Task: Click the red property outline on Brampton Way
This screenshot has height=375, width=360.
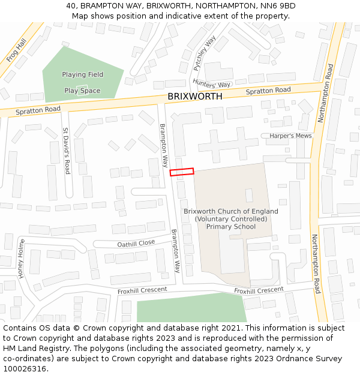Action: click(x=182, y=172)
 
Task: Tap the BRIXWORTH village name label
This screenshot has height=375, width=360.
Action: click(x=194, y=96)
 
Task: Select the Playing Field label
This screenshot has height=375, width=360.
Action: click(x=82, y=74)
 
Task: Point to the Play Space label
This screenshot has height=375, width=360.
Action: click(x=82, y=91)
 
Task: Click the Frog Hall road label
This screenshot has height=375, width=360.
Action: click(x=16, y=52)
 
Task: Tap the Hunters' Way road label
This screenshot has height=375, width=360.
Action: click(x=212, y=85)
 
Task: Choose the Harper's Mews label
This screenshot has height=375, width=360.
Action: click(x=290, y=136)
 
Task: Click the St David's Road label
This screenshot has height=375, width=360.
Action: click(x=67, y=151)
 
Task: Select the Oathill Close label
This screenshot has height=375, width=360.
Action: click(x=136, y=243)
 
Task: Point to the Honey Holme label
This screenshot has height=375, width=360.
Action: click(x=22, y=259)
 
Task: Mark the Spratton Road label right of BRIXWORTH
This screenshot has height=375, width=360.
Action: click(x=268, y=91)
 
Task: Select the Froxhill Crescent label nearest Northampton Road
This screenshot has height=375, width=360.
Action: click(x=259, y=290)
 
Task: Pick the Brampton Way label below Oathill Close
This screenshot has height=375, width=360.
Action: click(x=176, y=251)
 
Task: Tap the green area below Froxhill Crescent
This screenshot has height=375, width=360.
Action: click(x=191, y=309)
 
